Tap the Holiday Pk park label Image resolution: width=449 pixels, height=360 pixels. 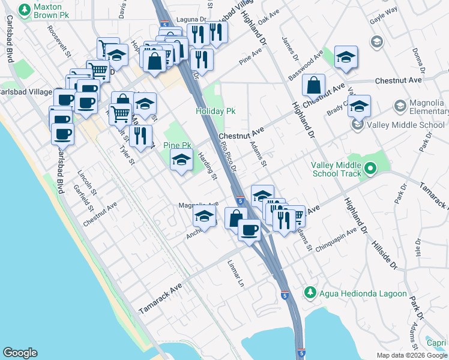[215, 112]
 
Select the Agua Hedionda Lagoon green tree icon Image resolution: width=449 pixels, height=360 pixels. [310, 293]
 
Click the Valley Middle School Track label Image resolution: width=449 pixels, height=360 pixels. [336, 170]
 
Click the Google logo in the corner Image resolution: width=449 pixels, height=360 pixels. [20, 353]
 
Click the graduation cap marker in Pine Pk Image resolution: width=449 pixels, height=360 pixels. [181, 160]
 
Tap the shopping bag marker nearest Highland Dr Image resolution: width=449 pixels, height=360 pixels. [313, 86]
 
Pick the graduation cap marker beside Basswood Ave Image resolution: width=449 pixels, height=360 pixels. [346, 57]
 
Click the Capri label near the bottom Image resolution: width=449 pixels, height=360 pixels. [436, 343]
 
